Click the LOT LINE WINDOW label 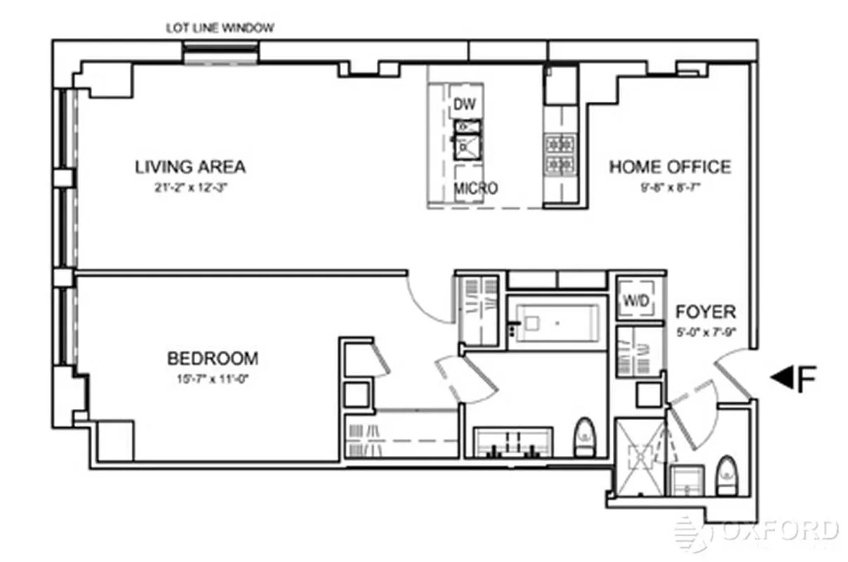pyautogui.click(x=220, y=28)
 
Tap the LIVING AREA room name pyautogui.click(x=190, y=167)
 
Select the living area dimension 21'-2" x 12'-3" pyautogui.click(x=190, y=188)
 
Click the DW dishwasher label pyautogui.click(x=464, y=105)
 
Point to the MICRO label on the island pyautogui.click(x=475, y=188)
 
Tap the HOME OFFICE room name pyautogui.click(x=670, y=167)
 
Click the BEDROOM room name pyautogui.click(x=212, y=358)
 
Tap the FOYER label pyautogui.click(x=705, y=311)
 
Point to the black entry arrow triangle pyautogui.click(x=780, y=378)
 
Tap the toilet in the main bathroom pyautogui.click(x=584, y=438)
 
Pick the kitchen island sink pyautogui.click(x=466, y=145)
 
